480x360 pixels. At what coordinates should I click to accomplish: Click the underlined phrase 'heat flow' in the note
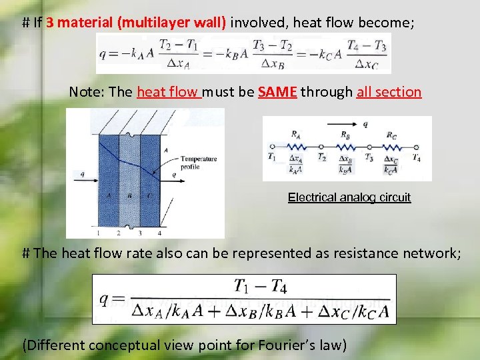[x=168, y=92]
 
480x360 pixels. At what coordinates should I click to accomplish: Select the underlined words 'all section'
[x=389, y=92]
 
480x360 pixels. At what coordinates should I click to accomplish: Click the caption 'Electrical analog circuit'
[x=349, y=197]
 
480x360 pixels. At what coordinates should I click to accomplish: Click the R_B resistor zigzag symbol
[x=345, y=146]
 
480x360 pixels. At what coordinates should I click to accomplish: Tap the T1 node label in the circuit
[x=271, y=158]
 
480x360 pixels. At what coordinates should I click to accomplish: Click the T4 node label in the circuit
[x=417, y=158]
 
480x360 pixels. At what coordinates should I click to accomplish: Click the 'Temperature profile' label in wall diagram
[x=199, y=163]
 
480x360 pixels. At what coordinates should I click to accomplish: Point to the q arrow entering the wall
[x=86, y=179]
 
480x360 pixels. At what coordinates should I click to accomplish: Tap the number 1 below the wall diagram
[x=97, y=233]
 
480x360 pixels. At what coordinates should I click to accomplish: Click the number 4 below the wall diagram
[x=159, y=233]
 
